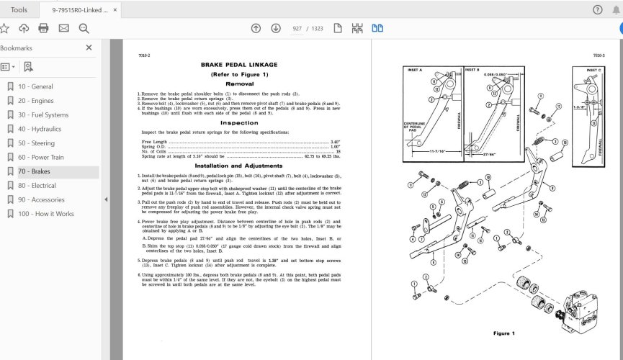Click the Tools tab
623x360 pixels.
click(19, 9)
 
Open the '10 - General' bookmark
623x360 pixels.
click(35, 86)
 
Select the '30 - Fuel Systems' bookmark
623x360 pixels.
click(43, 115)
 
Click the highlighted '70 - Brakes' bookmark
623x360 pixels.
click(35, 172)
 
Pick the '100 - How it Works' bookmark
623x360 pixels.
click(46, 214)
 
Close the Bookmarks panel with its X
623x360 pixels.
click(89, 48)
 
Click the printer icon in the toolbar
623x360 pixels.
click(43, 28)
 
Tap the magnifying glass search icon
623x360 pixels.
click(84, 28)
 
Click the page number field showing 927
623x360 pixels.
click(297, 28)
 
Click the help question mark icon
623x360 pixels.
click(597, 9)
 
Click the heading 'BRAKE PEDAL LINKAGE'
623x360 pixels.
click(238, 65)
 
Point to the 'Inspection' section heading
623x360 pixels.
click(238, 122)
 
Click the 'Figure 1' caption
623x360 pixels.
click(503, 333)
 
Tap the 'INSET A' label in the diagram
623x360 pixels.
click(416, 70)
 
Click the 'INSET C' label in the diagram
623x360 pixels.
click(587, 70)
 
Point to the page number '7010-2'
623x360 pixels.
click(143, 55)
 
